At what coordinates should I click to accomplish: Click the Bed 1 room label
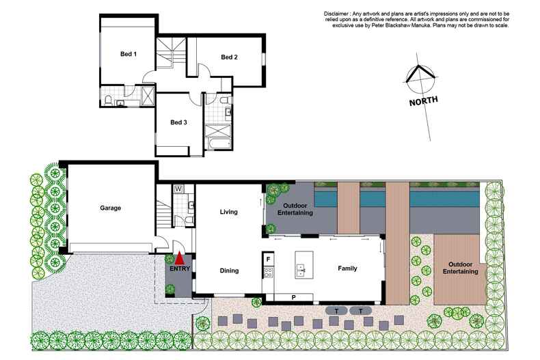click(129, 54)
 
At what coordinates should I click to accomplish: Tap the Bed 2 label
click(229, 57)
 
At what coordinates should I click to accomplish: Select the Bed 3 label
click(178, 122)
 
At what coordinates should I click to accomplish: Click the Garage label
click(110, 208)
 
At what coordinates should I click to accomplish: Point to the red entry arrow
click(179, 258)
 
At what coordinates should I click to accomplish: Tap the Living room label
click(228, 212)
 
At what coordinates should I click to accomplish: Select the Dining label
click(229, 271)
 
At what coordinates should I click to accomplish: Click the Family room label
click(348, 268)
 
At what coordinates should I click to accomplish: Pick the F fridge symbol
click(269, 259)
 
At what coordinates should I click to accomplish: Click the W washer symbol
click(178, 188)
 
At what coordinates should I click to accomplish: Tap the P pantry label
click(294, 297)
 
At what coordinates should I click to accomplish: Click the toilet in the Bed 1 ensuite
click(109, 102)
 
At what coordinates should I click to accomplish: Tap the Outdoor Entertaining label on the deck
click(459, 267)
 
